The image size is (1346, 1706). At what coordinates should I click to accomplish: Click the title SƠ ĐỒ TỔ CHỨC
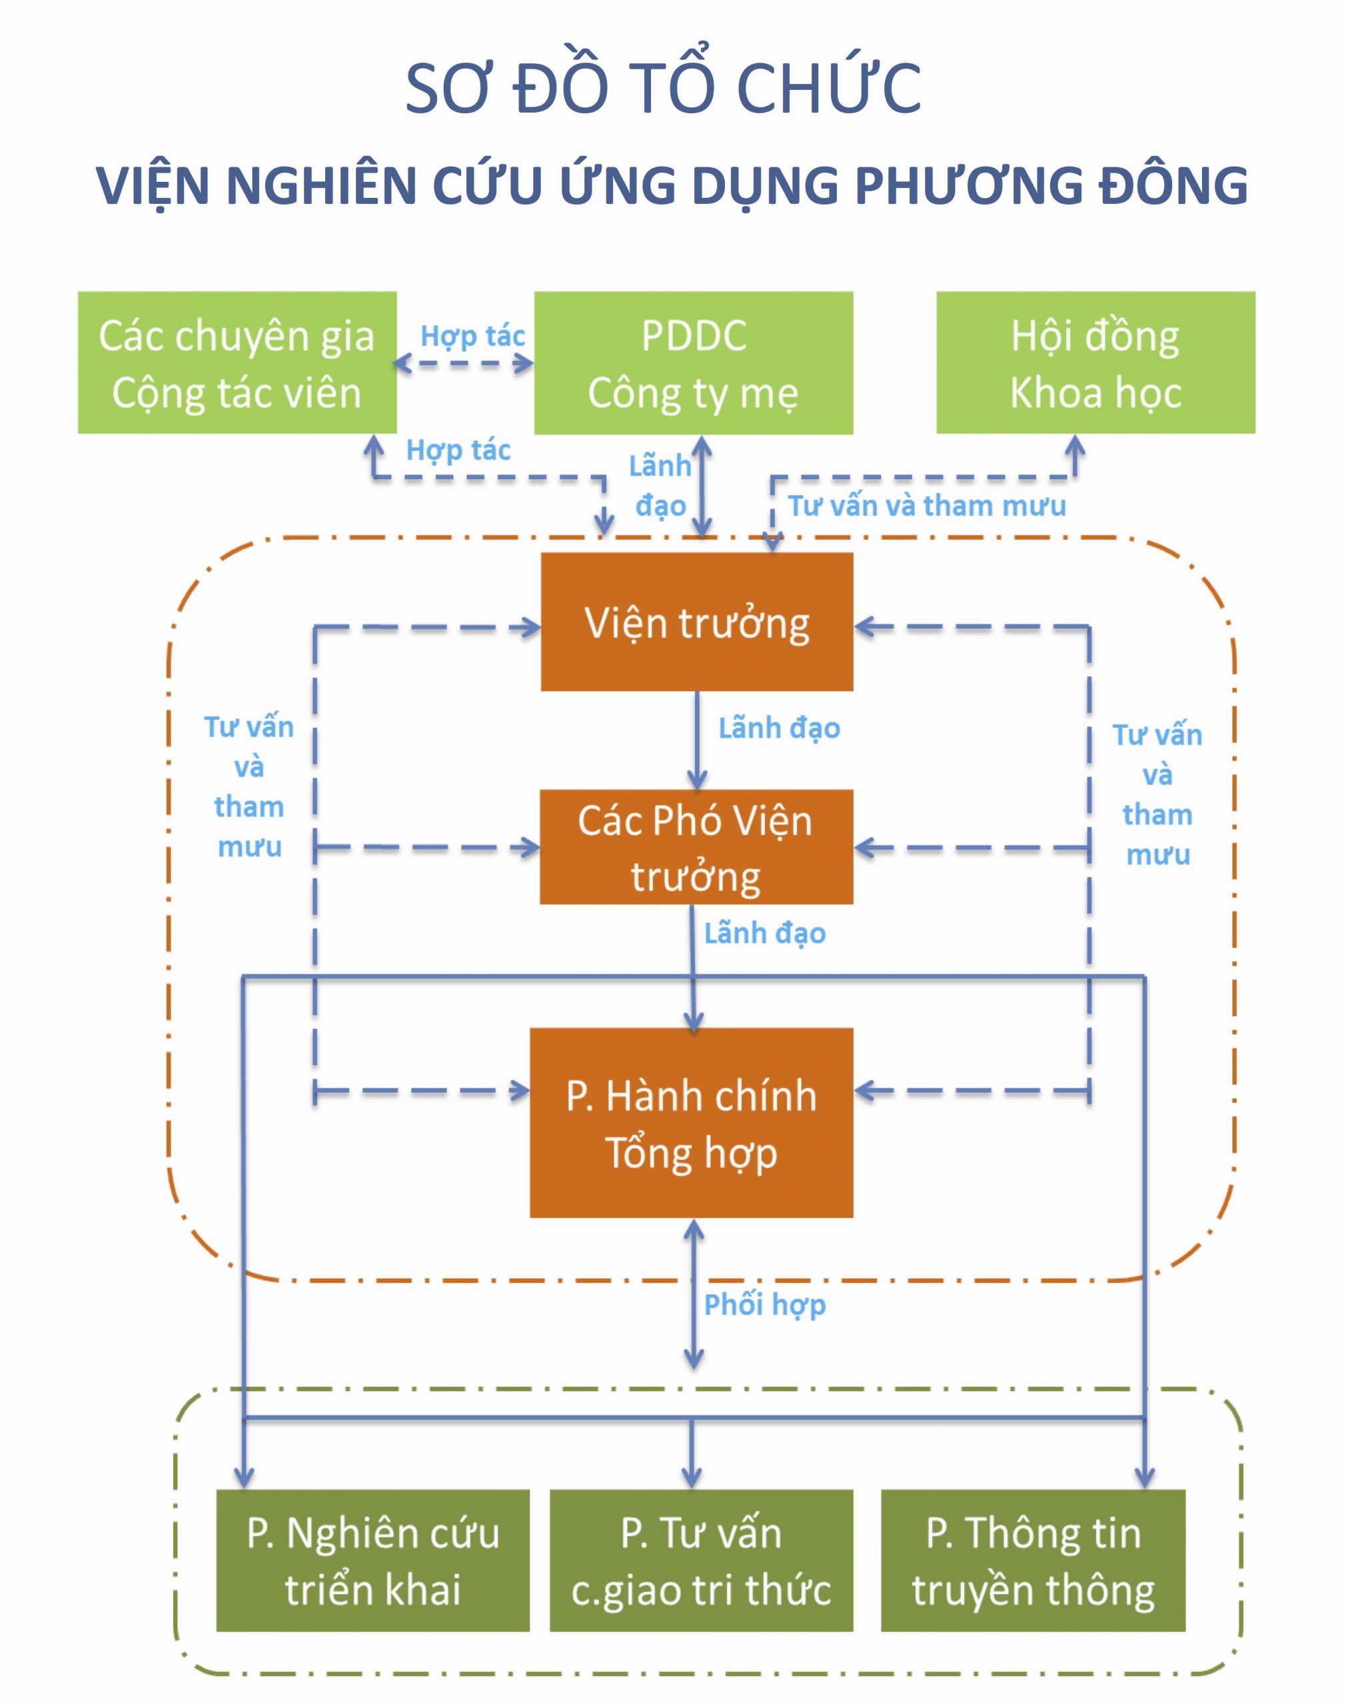(663, 88)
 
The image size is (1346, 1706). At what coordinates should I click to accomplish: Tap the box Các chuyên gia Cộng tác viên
(237, 363)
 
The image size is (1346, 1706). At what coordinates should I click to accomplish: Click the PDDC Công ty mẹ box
(694, 363)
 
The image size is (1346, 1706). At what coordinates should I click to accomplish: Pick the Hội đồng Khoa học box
(1095, 363)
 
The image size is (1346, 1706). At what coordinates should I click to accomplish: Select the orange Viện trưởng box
(696, 622)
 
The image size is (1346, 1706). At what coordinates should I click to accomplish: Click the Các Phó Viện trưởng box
(696, 847)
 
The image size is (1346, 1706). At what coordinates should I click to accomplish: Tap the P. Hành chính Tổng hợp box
(691, 1123)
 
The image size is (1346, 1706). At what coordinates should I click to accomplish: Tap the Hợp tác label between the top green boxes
(472, 337)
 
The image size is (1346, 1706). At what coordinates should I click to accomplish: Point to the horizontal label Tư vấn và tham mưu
(927, 506)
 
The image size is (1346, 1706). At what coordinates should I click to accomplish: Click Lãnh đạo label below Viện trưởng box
(778, 728)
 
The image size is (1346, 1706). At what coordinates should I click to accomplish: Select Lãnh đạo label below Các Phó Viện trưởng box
(764, 934)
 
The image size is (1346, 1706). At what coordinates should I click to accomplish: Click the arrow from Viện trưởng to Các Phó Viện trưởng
(696, 741)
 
